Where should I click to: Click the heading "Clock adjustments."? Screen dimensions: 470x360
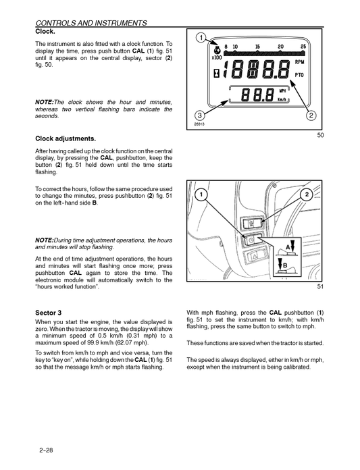[66, 138]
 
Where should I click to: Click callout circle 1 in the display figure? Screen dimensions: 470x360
[200, 37]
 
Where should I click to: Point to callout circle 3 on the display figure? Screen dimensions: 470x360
[200, 114]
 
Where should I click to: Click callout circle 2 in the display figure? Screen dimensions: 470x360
[311, 114]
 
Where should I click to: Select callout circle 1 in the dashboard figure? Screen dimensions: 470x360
[200, 194]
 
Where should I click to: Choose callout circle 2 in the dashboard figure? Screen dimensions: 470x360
[307, 194]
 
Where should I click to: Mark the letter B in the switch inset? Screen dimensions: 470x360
[286, 265]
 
